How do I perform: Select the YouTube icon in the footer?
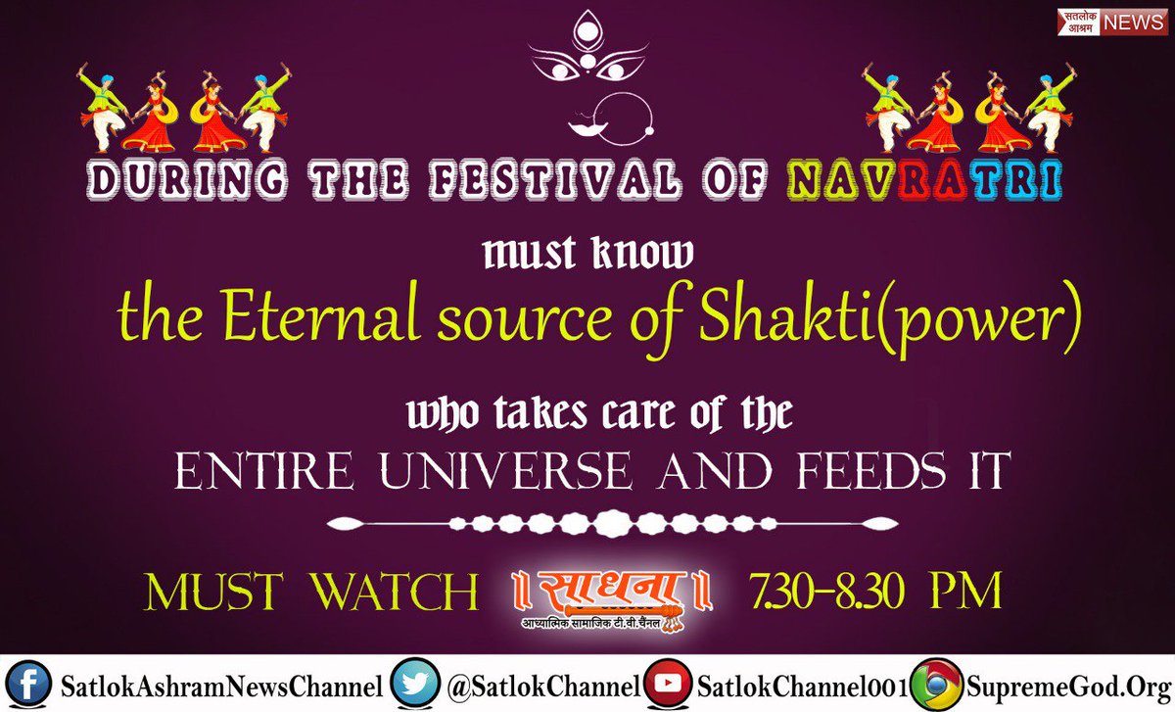pyautogui.click(x=672, y=685)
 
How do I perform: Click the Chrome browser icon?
pyautogui.click(x=936, y=685)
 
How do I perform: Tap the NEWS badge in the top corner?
pyautogui.click(x=1135, y=23)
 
